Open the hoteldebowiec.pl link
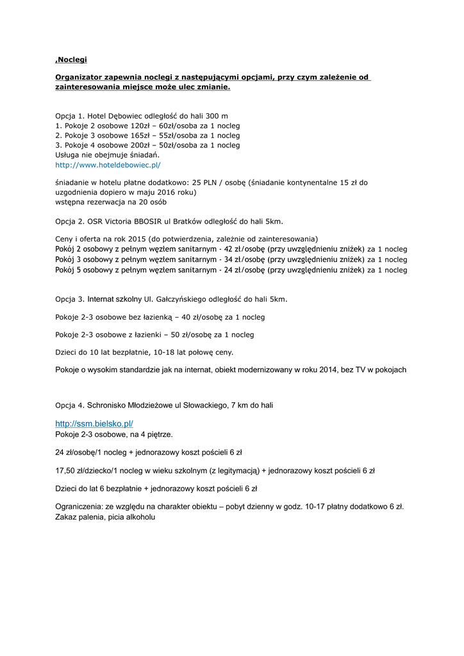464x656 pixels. click(x=108, y=165)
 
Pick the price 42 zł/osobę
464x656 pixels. click(x=242, y=249)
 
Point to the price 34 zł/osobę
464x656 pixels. click(x=242, y=259)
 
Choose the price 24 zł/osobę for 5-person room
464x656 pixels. click(x=242, y=270)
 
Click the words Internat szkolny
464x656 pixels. click(x=114, y=299)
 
